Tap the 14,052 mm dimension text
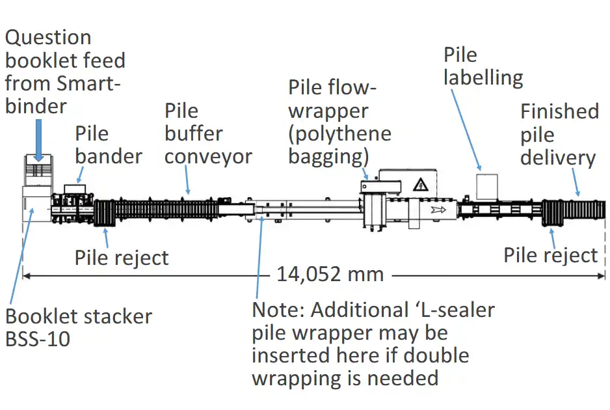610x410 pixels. pyautogui.click(x=330, y=274)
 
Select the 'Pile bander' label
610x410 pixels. pyautogui.click(x=109, y=145)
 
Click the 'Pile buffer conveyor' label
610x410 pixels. pyautogui.click(x=207, y=133)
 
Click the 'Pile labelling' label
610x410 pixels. pyautogui.click(x=483, y=66)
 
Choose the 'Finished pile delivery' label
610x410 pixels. pyautogui.click(x=559, y=135)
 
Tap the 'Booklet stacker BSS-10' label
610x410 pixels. pyautogui.click(x=79, y=327)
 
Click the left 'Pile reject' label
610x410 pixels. pyautogui.click(x=122, y=258)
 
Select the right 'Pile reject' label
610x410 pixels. pyautogui.click(x=550, y=256)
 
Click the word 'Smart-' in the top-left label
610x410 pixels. pyautogui.click(x=90, y=83)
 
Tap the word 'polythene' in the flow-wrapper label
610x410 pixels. pyautogui.click(x=340, y=134)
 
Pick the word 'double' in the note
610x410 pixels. pyautogui.click(x=435, y=355)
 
